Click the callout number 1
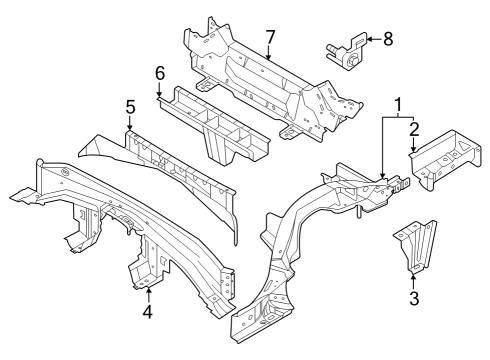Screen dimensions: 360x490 pos(400,105)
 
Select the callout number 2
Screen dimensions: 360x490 pos(413,131)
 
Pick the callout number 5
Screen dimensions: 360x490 pos(129,105)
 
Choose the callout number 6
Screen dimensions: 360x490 pos(158,74)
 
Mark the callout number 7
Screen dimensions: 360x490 pos(269,38)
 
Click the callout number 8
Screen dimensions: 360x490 pos(388,39)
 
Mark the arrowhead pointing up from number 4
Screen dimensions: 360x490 pos(148,289)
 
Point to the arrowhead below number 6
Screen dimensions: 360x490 pos(158,96)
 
